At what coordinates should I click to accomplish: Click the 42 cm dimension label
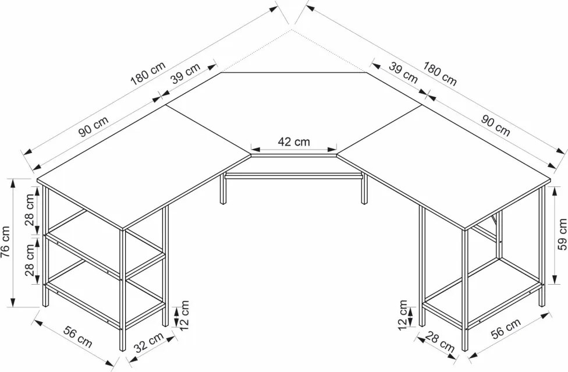click(x=294, y=141)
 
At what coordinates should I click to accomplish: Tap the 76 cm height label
click(x=6, y=242)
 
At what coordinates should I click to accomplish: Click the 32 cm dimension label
click(x=149, y=343)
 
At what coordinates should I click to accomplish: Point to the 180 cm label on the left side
click(x=148, y=73)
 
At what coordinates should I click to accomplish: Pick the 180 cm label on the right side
click(x=440, y=74)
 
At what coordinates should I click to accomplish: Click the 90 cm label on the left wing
click(x=94, y=126)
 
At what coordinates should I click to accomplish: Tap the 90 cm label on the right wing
click(x=495, y=125)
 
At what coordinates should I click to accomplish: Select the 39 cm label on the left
click(x=186, y=73)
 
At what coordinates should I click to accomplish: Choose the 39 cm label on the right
click(x=403, y=72)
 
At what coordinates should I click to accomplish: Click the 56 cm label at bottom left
click(x=78, y=336)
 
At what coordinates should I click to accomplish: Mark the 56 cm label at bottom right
click(x=506, y=328)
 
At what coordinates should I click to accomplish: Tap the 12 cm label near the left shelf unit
click(x=184, y=315)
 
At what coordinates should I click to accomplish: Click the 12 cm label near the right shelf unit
click(x=403, y=315)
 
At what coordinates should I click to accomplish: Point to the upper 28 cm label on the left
click(x=30, y=210)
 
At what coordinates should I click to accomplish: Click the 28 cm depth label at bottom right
click(x=440, y=342)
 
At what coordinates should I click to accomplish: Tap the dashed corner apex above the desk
click(x=292, y=30)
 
